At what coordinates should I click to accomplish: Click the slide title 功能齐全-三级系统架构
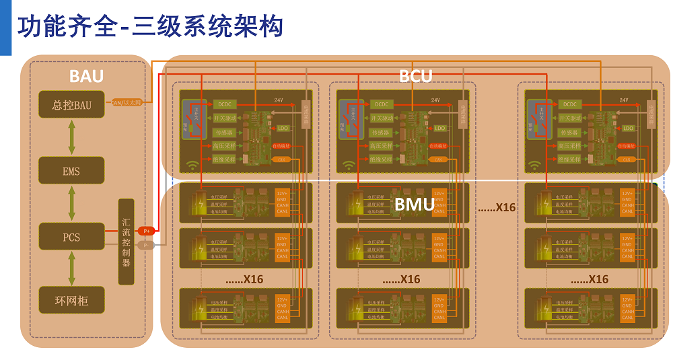coord(151,26)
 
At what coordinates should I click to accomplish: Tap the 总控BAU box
coord(71,104)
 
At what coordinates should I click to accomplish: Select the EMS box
coord(71,171)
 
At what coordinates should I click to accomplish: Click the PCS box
coord(71,237)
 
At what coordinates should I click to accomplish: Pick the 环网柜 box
coord(71,300)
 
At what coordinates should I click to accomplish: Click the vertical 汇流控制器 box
coord(126,242)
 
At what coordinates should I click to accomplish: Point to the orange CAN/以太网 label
coord(127,102)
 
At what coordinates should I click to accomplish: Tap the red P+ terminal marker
coord(146,231)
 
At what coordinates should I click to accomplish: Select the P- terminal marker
coord(146,245)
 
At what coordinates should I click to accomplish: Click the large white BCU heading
coord(415,76)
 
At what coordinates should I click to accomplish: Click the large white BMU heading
coord(414,205)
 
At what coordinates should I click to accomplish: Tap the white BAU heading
coord(86,76)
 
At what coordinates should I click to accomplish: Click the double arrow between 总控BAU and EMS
coord(71,137)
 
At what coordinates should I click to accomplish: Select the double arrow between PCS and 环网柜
coord(71,268)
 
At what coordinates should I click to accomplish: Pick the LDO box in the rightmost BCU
coord(628,128)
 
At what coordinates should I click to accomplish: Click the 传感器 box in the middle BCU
coord(382,133)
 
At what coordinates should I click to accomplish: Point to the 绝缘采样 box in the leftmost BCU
coord(225,159)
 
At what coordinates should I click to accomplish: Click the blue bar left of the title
coord(5,27)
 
